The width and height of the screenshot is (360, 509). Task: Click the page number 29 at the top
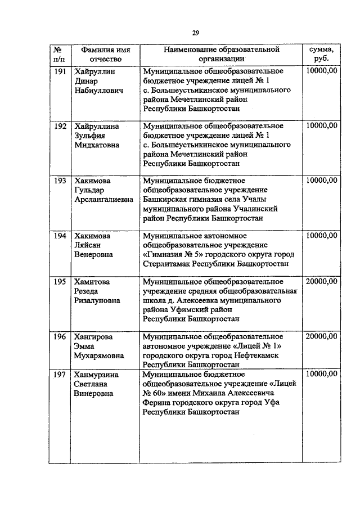click(195, 33)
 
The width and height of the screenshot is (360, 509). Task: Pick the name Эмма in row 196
click(84, 346)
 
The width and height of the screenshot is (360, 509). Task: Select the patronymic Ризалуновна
click(98, 300)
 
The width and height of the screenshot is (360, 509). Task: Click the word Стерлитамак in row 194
click(166, 263)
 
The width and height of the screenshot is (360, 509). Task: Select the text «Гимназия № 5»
click(170, 254)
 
